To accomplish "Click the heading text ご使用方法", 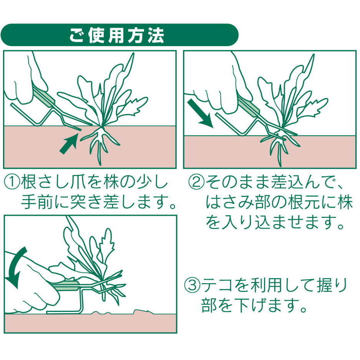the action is tap(117, 35).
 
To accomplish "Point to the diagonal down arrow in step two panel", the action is tap(200, 114).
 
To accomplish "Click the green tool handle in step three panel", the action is tap(66, 286).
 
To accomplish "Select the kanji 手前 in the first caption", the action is tap(37, 202).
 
